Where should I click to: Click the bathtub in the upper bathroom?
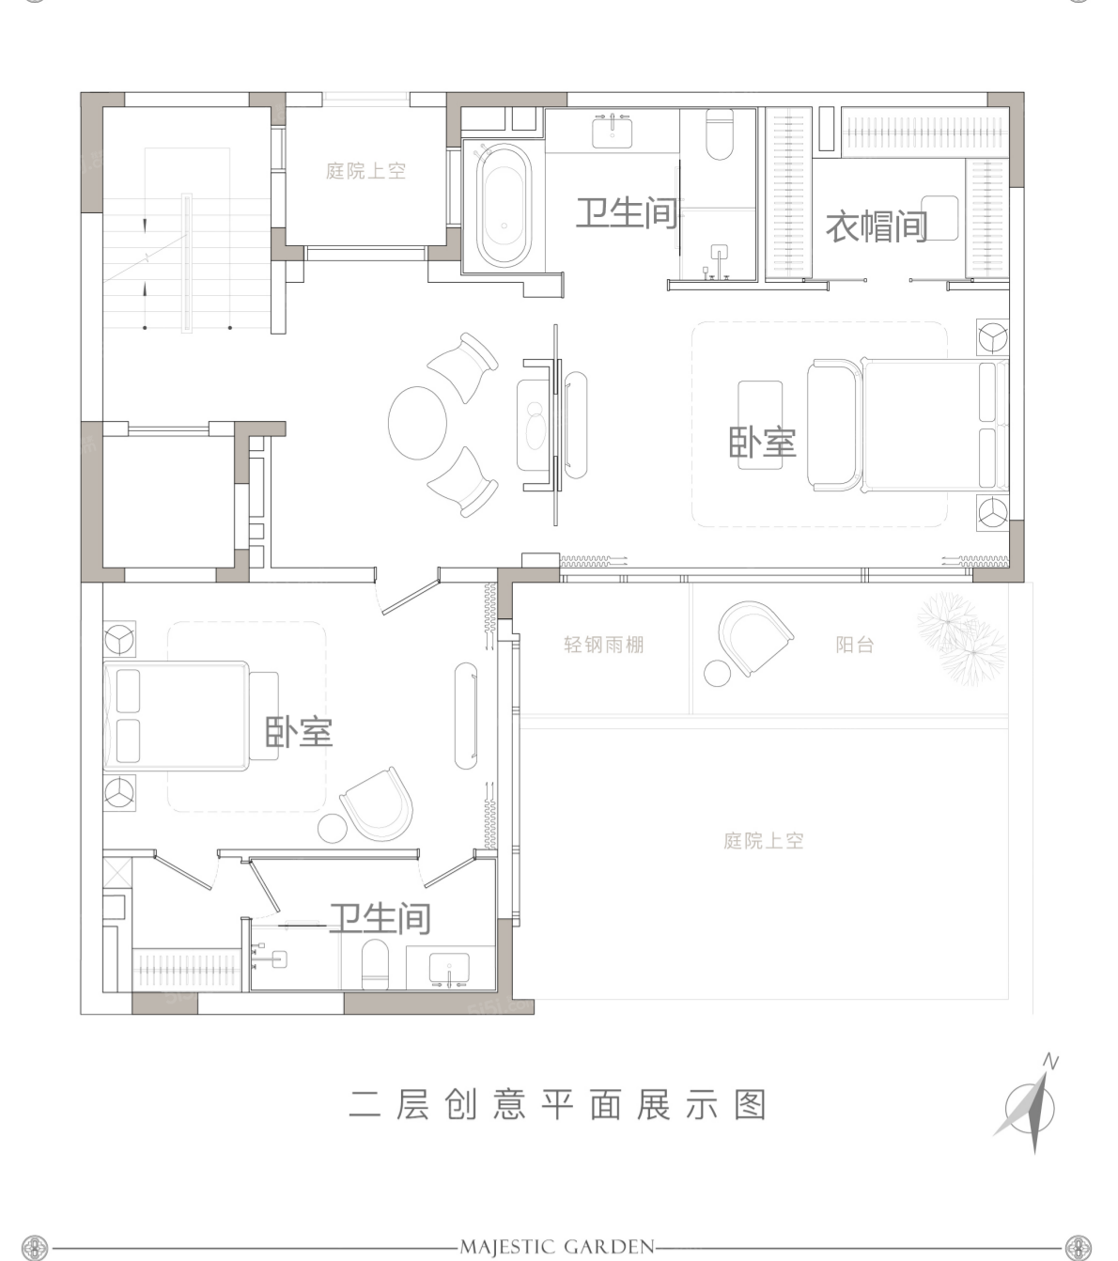point(504,206)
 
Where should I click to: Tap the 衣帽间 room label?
point(877,226)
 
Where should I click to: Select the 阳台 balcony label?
point(855,645)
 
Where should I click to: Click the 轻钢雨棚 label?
point(603,645)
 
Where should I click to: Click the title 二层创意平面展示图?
point(558,1105)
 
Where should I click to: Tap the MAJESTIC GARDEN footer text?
point(557,1229)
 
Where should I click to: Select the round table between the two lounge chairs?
point(417,423)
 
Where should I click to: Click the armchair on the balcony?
point(753,636)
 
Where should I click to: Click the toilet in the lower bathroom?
point(375,965)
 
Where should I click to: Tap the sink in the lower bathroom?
point(449,968)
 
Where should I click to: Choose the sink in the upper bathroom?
point(612,132)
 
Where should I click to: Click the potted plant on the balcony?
point(961,638)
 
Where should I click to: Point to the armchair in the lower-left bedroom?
point(378,804)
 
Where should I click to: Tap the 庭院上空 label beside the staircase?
point(366,170)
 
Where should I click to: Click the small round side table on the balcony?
point(717,674)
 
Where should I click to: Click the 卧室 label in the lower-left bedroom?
point(299,731)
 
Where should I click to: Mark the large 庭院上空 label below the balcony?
point(763,841)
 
